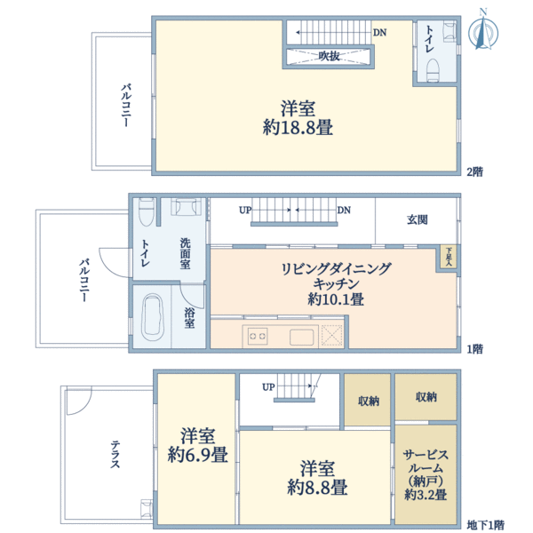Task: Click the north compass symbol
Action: [483, 29]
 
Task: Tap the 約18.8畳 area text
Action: [298, 128]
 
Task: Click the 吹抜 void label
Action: [330, 56]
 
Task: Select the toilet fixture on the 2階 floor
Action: [434, 68]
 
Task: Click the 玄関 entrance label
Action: [418, 219]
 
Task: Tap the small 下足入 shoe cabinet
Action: [449, 258]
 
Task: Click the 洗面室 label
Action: [186, 253]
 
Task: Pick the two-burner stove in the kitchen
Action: [258, 336]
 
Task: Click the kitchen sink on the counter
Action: [300, 336]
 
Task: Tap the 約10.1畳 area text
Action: [336, 300]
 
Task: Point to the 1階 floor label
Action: [475, 349]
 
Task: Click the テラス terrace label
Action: [116, 455]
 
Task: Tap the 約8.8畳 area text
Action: [317, 487]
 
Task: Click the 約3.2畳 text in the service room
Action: [426, 495]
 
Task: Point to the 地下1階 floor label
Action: [486, 525]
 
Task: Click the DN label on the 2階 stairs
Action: [379, 33]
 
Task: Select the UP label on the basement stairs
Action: [268, 387]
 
